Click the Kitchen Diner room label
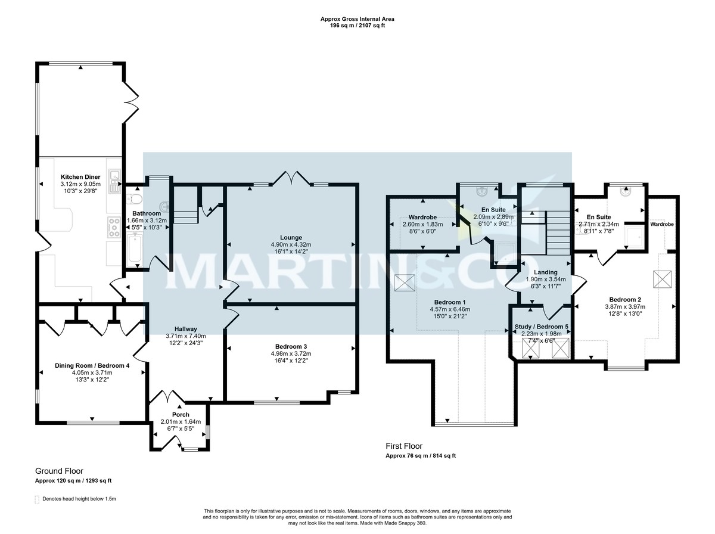(x=80, y=177)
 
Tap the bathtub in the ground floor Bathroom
(x=135, y=249)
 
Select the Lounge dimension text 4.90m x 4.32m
(x=292, y=244)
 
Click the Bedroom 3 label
(x=292, y=346)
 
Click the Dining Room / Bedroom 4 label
(x=92, y=365)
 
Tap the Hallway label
(x=185, y=328)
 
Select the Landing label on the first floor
(x=546, y=272)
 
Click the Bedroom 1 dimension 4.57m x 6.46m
(x=450, y=310)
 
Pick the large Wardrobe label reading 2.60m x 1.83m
(x=423, y=217)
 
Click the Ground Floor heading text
(x=58, y=471)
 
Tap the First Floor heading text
(x=404, y=446)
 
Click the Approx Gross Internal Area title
(x=357, y=19)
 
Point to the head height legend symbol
(x=37, y=499)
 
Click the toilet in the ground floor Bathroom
(x=133, y=198)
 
